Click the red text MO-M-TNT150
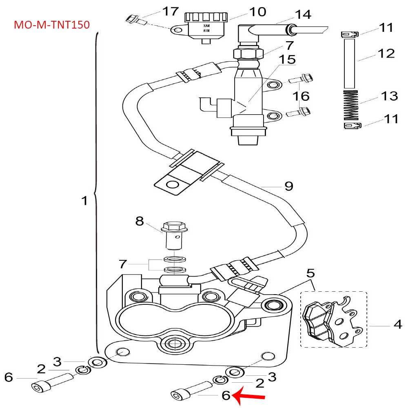51,25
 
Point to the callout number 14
303,15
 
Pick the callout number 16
300,96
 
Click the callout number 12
386,53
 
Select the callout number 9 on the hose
288,186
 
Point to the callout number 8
140,221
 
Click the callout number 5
311,272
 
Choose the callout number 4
398,325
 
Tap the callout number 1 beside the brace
84,201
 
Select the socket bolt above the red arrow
190,391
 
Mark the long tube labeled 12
350,63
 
